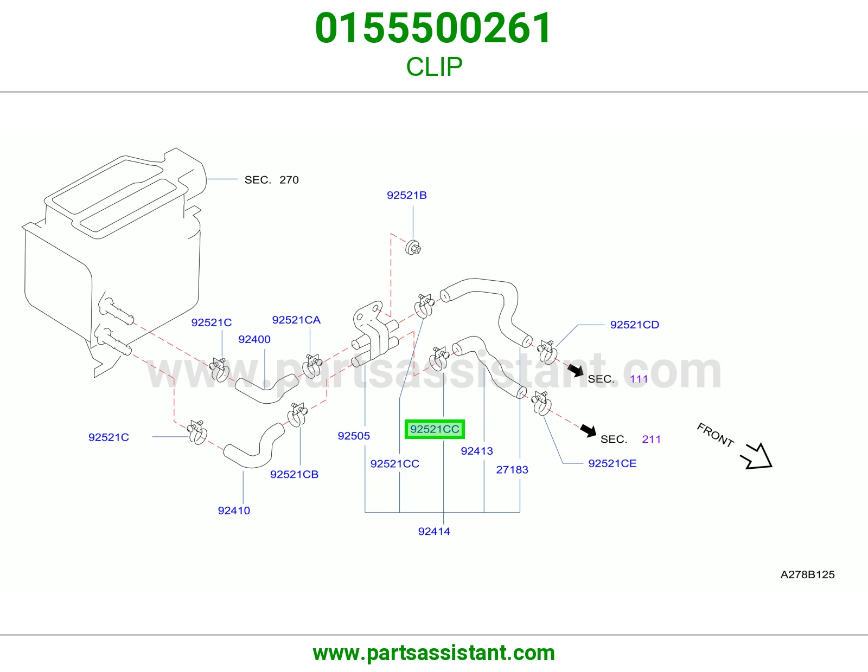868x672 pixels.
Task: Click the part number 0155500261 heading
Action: coord(433,28)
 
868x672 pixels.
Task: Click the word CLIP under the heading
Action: coord(434,67)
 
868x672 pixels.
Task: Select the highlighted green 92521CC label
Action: coord(435,429)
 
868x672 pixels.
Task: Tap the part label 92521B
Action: coord(407,195)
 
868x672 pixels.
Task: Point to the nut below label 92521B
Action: coord(413,248)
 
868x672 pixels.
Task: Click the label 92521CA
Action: coord(296,320)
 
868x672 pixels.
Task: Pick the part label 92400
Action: coord(254,339)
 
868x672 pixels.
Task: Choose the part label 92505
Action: coord(354,436)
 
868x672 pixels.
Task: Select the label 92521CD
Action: coord(634,325)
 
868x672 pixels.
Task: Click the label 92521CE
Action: coord(612,463)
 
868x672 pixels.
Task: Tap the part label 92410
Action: coord(234,511)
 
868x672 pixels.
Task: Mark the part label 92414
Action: coord(434,531)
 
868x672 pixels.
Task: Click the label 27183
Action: coord(512,470)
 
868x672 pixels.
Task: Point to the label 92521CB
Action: coord(295,474)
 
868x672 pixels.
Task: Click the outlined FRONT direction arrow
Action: coord(757,456)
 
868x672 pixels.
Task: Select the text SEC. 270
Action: coord(272,180)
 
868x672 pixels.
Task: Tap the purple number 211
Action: coord(651,439)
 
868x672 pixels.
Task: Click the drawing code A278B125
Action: coord(807,574)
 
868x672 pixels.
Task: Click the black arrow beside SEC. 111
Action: coord(576,370)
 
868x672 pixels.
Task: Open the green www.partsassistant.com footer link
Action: coord(434,653)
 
